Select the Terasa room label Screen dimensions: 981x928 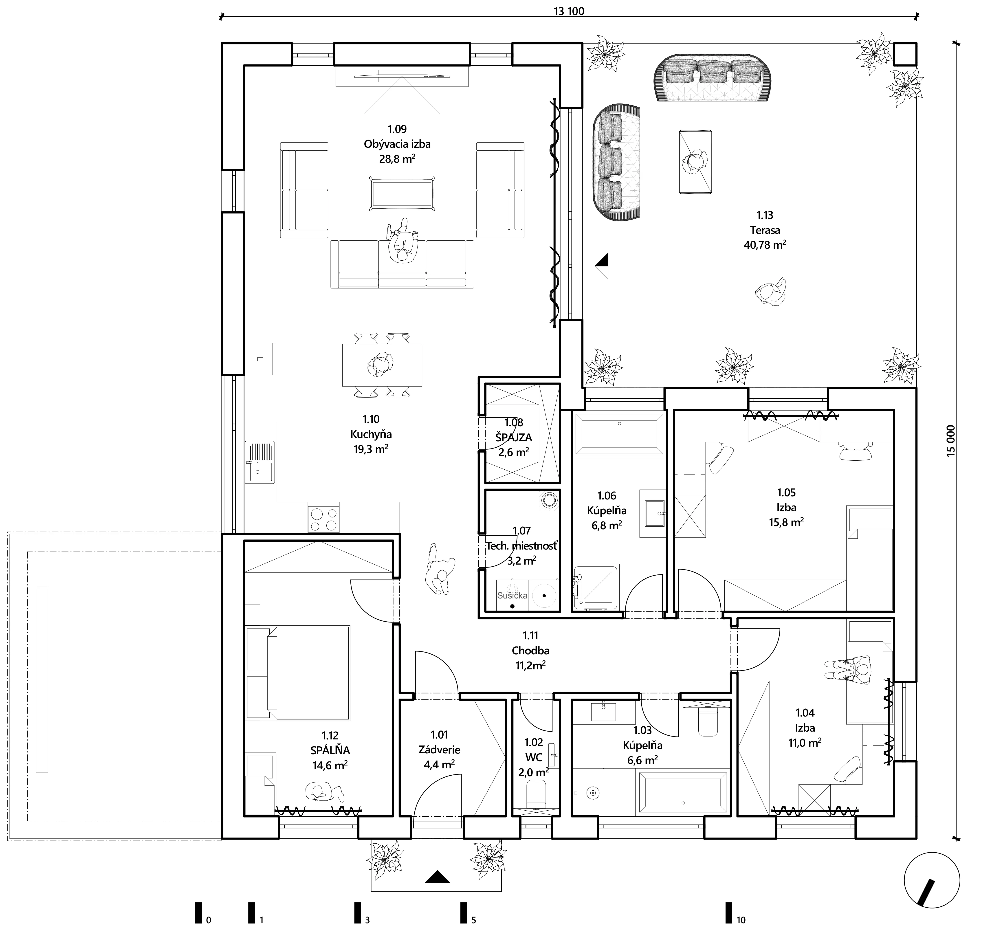point(765,230)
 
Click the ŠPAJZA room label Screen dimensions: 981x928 point(513,437)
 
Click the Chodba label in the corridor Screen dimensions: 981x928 point(530,651)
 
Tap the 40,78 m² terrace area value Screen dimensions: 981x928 point(765,245)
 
